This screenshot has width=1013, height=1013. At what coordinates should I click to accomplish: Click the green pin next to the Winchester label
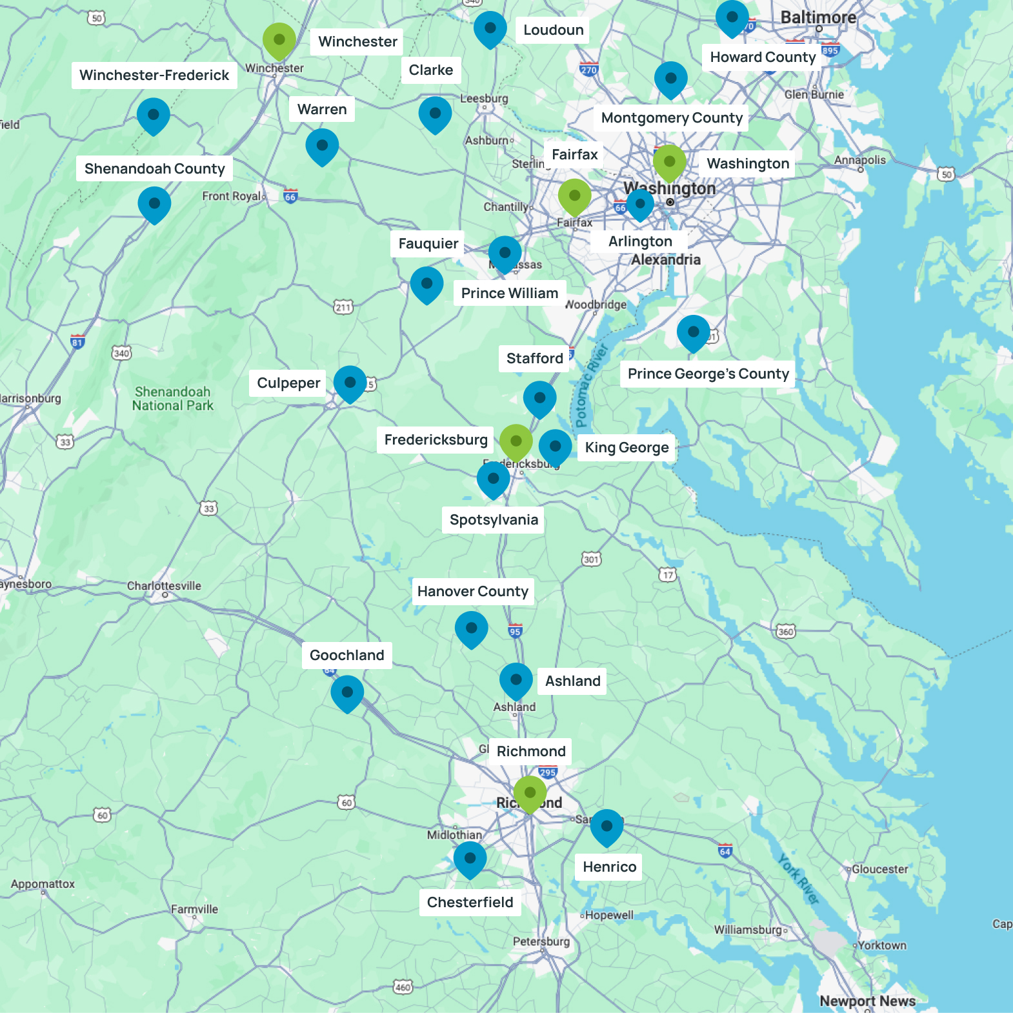279,40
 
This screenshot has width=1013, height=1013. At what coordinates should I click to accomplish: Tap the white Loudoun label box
553,30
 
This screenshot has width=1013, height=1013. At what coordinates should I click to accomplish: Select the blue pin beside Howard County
732,17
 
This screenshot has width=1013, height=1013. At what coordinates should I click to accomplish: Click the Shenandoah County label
155,169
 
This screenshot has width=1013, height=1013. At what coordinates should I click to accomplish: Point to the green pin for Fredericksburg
516,442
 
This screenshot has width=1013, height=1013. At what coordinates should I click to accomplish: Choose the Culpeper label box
288,383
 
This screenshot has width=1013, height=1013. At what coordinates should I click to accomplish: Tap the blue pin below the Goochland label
347,692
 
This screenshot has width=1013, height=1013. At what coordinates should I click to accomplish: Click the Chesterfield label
470,903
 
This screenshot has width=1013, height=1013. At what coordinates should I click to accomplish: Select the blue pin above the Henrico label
607,827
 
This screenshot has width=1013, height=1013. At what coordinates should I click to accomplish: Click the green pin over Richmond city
530,793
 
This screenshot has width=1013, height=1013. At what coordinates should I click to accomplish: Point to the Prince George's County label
708,374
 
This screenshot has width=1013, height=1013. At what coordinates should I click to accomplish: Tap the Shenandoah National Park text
172,399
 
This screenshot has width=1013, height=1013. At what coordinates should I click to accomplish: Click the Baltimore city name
818,17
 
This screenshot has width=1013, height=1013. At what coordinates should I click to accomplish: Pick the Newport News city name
867,1001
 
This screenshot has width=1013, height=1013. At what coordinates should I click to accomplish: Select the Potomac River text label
590,386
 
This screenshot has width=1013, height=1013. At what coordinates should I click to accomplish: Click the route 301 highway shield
591,559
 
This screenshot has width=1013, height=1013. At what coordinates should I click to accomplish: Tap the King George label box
627,448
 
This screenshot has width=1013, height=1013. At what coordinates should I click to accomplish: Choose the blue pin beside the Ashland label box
516,680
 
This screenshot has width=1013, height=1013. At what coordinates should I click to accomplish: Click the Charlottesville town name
164,586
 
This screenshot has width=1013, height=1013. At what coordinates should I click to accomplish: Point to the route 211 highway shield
343,307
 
